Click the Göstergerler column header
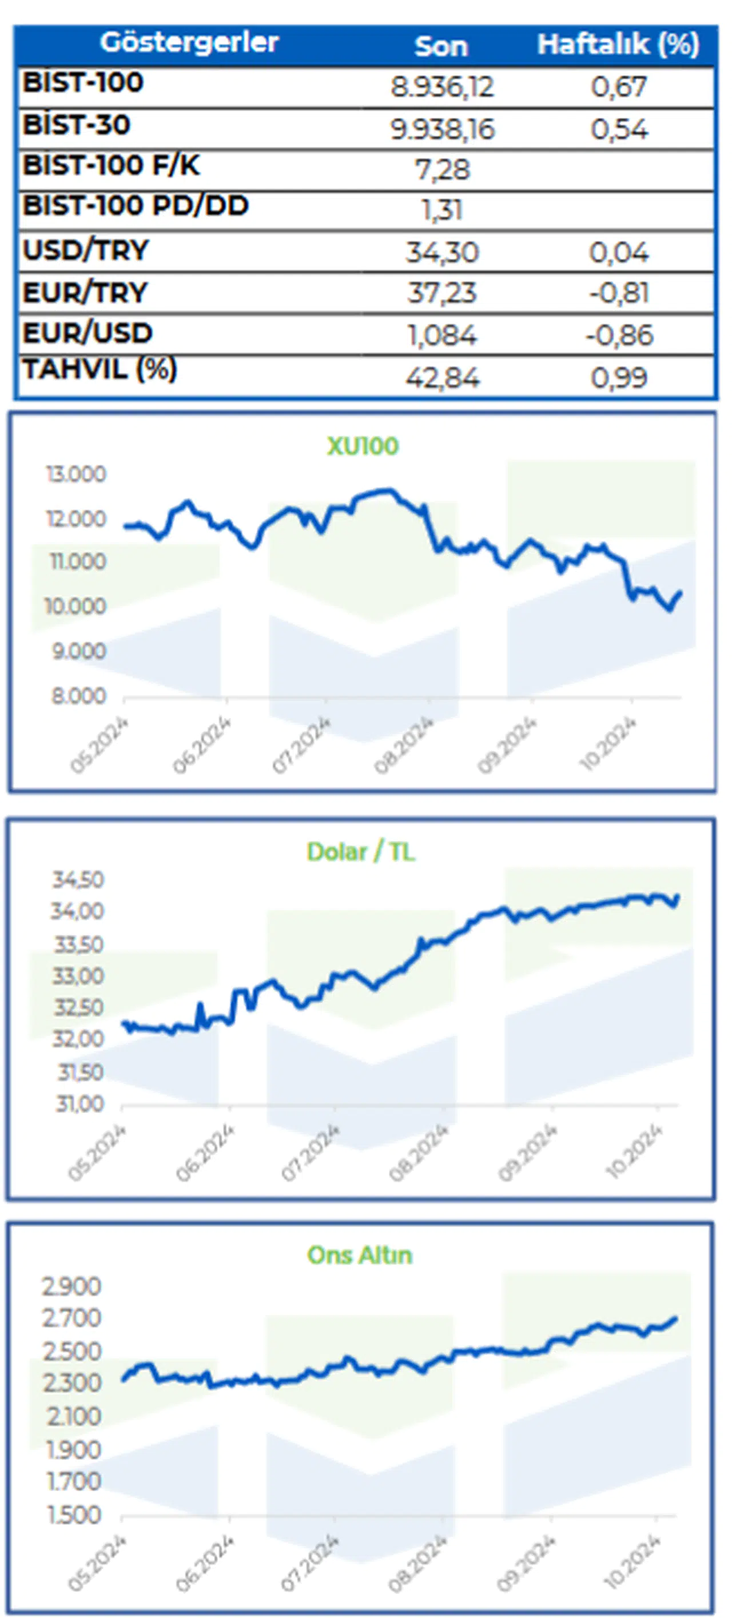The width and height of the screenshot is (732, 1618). pyautogui.click(x=189, y=43)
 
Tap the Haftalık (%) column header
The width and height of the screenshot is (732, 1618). pyautogui.click(x=618, y=45)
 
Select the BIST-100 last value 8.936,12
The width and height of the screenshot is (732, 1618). pyautogui.click(x=442, y=87)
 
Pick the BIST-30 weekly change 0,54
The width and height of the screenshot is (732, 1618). pyautogui.click(x=618, y=129)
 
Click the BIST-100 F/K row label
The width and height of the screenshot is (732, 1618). pyautogui.click(x=111, y=166)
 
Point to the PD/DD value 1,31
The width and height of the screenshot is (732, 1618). pyautogui.click(x=442, y=210)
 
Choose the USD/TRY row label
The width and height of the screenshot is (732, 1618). pyautogui.click(x=86, y=250)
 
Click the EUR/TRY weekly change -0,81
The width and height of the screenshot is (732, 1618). pyautogui.click(x=618, y=293)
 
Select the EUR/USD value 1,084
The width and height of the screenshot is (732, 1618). pyautogui.click(x=442, y=336)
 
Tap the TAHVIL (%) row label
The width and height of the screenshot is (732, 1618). pyautogui.click(x=100, y=369)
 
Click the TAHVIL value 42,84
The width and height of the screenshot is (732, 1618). pyautogui.click(x=442, y=377)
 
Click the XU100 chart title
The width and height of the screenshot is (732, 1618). pyautogui.click(x=363, y=446)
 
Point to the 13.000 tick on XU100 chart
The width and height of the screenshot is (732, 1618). pyautogui.click(x=76, y=474)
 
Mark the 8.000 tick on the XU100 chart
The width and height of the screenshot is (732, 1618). pyautogui.click(x=78, y=696)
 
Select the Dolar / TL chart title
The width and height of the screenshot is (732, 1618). pyautogui.click(x=361, y=852)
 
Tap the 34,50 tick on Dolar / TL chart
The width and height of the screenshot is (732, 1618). pyautogui.click(x=78, y=880)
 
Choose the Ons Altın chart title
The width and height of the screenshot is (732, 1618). pyautogui.click(x=359, y=1255)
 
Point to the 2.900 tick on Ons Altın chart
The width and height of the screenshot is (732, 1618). pyautogui.click(x=71, y=1286)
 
